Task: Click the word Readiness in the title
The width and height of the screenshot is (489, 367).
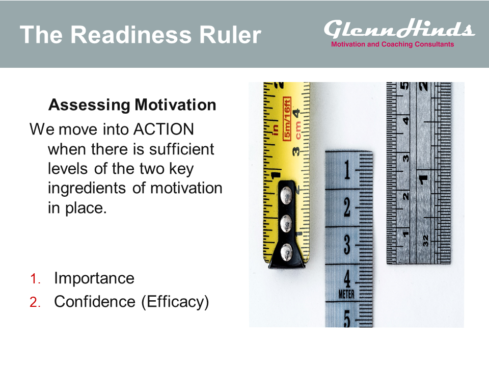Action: pos(131,34)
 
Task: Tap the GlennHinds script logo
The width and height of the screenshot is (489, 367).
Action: pos(399,29)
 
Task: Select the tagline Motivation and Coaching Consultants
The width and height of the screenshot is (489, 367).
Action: pos(392,44)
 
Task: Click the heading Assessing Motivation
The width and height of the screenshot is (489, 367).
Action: pos(132,105)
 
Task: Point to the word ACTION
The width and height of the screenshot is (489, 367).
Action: pos(164,129)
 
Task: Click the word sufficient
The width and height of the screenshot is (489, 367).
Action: pos(181,149)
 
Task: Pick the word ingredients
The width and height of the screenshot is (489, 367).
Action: pos(87,189)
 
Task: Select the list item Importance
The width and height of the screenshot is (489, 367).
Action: pos(94,278)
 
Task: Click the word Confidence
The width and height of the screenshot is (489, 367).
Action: pos(95,301)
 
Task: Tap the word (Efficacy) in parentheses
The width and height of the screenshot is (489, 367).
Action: pos(175,302)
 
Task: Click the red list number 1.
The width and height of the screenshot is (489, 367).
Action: pos(35,278)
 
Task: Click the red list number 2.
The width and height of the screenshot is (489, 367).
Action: pos(35,302)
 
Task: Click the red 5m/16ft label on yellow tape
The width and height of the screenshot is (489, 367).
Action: pos(287,119)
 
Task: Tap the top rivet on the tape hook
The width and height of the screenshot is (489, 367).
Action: pos(286,196)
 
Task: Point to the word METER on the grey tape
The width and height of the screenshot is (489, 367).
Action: pos(346,294)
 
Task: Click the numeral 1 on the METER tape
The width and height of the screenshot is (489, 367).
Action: pos(347,170)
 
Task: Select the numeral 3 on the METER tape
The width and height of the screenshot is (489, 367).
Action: pos(347,244)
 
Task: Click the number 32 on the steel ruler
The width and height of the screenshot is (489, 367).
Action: pos(426,241)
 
